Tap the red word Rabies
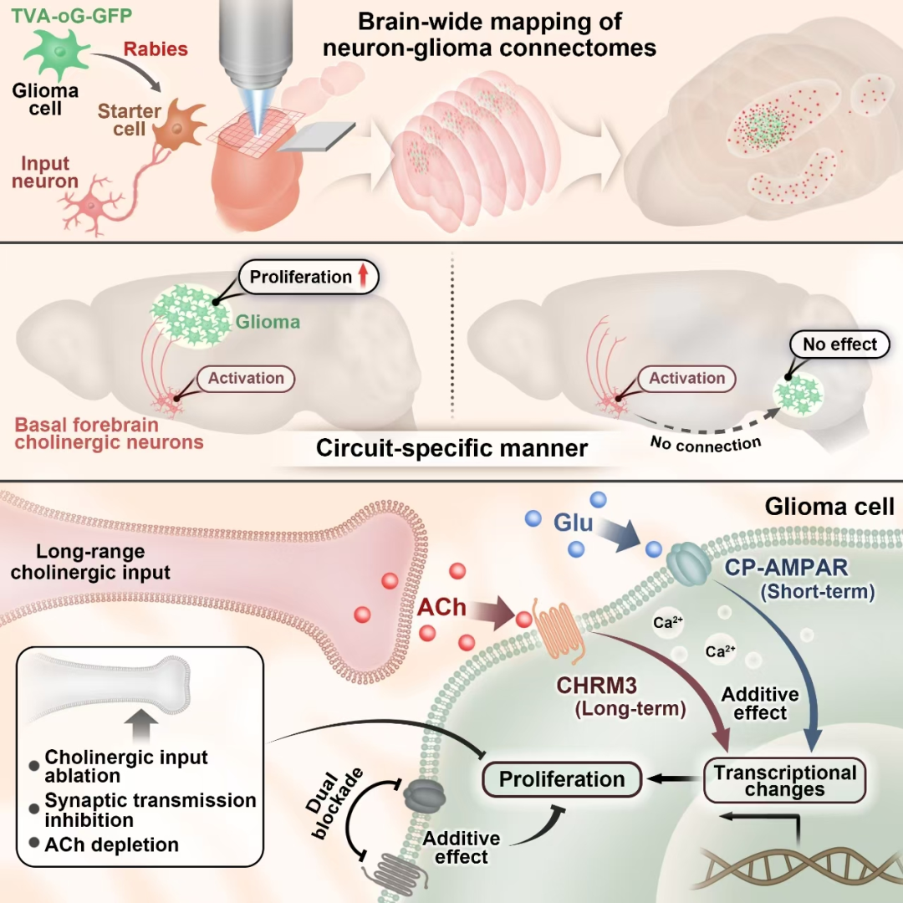[x=156, y=48]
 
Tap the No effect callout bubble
[x=839, y=344]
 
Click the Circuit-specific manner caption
[x=451, y=448]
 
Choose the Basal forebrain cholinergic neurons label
[x=109, y=433]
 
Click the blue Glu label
[x=573, y=523]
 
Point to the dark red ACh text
[x=441, y=607]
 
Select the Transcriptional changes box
[x=784, y=780]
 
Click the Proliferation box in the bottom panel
[x=562, y=779]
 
